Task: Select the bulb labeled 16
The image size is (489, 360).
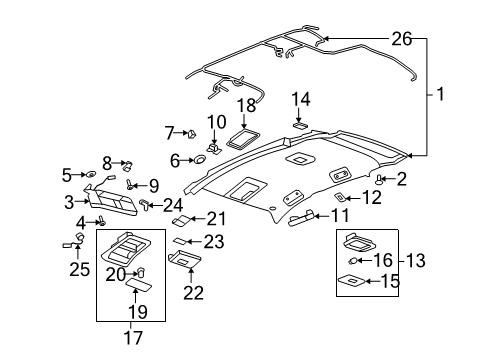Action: pyautogui.click(x=355, y=260)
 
